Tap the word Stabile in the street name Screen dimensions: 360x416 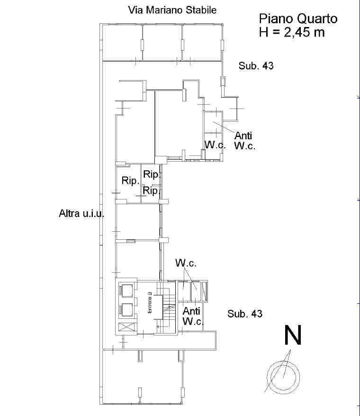coord(201,10)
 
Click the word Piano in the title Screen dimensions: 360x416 coord(277,19)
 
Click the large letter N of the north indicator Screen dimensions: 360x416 coord(293,335)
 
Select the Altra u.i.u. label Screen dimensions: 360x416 coord(81,213)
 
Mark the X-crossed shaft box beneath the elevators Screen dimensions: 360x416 coord(126,327)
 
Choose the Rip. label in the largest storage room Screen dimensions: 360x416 coord(131,181)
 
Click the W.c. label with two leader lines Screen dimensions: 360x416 coord(186,263)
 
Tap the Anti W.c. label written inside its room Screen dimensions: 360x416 coord(193,316)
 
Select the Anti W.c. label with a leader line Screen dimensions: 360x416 coord(244,141)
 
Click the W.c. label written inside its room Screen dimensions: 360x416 coord(215,145)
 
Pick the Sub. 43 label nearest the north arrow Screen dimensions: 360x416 coord(245,314)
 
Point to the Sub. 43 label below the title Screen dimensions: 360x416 coord(256,66)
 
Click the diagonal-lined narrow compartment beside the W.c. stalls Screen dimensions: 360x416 coord(204,291)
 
